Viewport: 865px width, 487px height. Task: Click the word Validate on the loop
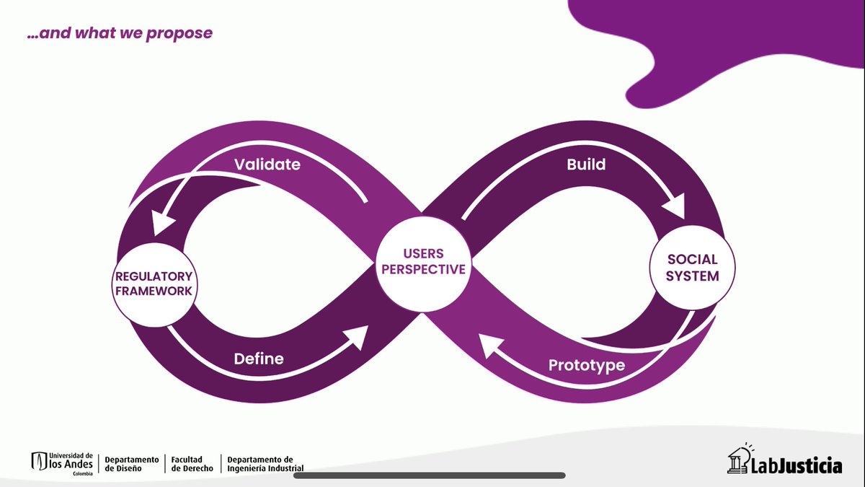(267, 164)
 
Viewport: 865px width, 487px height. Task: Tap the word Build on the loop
(586, 164)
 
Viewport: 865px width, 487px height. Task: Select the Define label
(259, 359)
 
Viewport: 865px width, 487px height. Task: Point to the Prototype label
(587, 365)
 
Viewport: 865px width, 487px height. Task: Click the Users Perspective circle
(423, 261)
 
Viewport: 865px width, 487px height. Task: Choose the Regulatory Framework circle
(153, 284)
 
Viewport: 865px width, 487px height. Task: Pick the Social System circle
(692, 267)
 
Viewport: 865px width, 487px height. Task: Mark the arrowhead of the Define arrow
(358, 336)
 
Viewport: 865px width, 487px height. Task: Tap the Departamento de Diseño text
(131, 463)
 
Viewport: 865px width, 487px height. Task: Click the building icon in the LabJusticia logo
(738, 461)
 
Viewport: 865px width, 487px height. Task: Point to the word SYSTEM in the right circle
(692, 276)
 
